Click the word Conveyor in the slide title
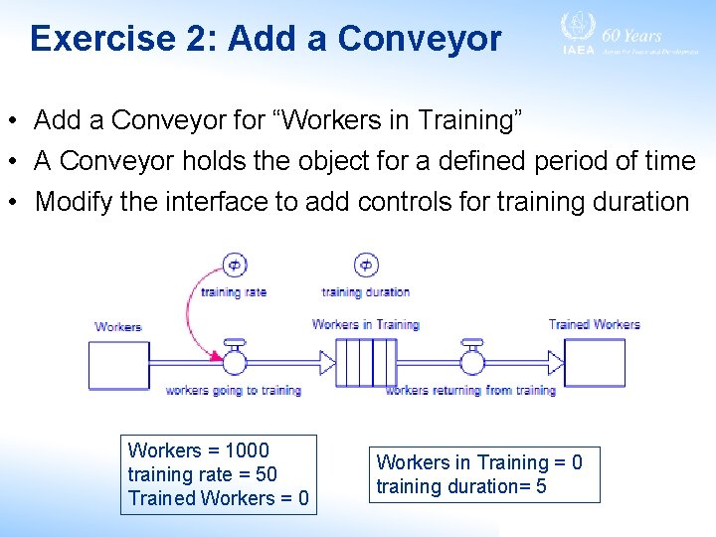pyautogui.click(x=419, y=39)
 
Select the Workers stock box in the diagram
pyautogui.click(x=118, y=363)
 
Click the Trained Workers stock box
pyautogui.click(x=595, y=363)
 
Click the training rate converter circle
pyautogui.click(x=234, y=265)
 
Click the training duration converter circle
pyautogui.click(x=366, y=265)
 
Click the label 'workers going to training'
pyautogui.click(x=234, y=391)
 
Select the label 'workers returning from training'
pyautogui.click(x=470, y=391)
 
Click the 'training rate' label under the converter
pyautogui.click(x=234, y=292)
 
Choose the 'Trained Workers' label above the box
pyautogui.click(x=594, y=324)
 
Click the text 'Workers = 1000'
pyautogui.click(x=199, y=450)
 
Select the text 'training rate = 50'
pyautogui.click(x=203, y=474)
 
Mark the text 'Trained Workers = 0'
pyautogui.click(x=218, y=498)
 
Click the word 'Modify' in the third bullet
pyautogui.click(x=70, y=202)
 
